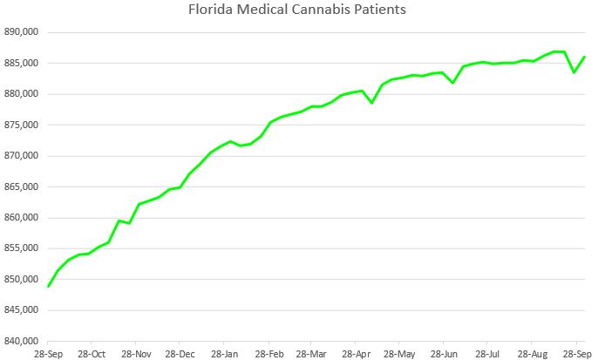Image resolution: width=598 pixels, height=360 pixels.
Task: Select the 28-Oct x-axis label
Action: pyautogui.click(x=91, y=354)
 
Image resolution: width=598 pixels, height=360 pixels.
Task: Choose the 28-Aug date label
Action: pyautogui.click(x=533, y=354)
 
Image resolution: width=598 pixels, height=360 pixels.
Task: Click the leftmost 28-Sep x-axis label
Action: pyautogui.click(x=48, y=354)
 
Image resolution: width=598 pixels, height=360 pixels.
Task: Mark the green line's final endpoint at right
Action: pyautogui.click(x=584, y=57)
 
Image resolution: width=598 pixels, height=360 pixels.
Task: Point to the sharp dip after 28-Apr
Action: pyautogui.click(x=372, y=103)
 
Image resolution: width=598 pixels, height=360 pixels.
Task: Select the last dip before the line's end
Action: pyautogui.click(x=574, y=72)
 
